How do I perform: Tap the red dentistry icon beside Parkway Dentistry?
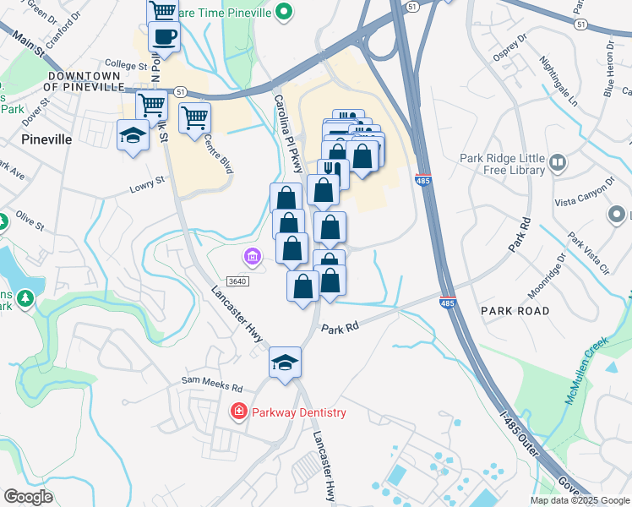pyautogui.click(x=239, y=412)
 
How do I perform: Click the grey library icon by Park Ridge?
pyautogui.click(x=557, y=161)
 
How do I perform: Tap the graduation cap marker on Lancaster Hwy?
pyautogui.click(x=286, y=363)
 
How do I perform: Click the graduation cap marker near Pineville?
pyautogui.click(x=132, y=136)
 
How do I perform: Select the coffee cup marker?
pyautogui.click(x=164, y=37)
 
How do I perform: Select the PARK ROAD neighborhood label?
pyautogui.click(x=515, y=311)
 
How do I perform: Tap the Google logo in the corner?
pyautogui.click(x=28, y=496)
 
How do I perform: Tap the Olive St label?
pyautogui.click(x=30, y=221)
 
